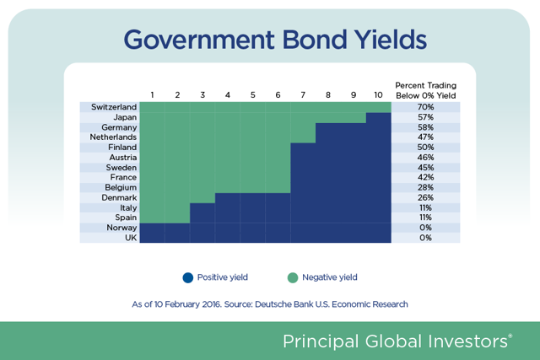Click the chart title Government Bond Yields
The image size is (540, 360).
275,40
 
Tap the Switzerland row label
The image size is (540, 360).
114,107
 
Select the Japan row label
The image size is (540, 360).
125,117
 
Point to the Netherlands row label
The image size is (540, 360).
113,137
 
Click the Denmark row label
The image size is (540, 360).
119,197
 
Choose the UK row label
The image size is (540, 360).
131,238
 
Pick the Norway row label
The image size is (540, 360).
121,228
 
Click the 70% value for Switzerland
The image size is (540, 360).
425,107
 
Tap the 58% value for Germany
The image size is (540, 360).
425,127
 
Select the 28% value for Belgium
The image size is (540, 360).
425,187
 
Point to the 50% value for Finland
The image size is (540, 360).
425,148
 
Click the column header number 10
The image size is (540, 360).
378,95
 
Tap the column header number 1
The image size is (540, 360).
152,95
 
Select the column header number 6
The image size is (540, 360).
278,95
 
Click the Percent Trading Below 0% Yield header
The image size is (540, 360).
425,90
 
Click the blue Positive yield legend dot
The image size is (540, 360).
188,277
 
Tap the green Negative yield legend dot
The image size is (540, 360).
293,277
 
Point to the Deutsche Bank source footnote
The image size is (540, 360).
270,304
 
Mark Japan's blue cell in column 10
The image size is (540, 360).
379,118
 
